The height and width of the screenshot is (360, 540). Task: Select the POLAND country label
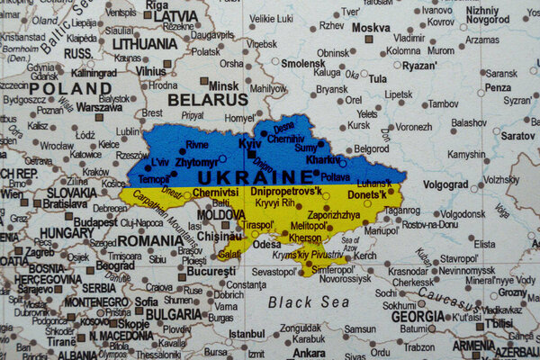coord(69,88)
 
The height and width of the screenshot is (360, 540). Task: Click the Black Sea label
coord(309,301)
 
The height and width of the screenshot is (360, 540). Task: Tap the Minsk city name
coord(223,85)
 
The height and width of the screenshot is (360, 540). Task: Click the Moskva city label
coord(371,27)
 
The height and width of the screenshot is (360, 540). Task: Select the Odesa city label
coord(266,244)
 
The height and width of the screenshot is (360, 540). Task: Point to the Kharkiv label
coord(323,159)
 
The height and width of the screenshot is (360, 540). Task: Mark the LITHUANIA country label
coord(144,43)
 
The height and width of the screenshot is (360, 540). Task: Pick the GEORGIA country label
coord(418,316)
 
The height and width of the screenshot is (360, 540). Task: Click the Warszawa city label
coord(99,107)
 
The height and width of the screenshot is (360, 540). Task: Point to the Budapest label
coord(94,221)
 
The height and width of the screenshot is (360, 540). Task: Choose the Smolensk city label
coord(303,64)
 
